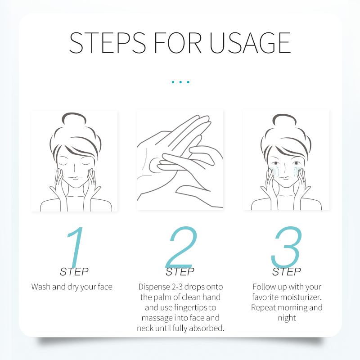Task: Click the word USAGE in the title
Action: click(x=250, y=43)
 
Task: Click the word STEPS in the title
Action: click(x=108, y=43)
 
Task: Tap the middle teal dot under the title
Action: click(x=180, y=82)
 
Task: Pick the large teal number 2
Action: click(x=181, y=247)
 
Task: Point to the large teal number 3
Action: click(x=286, y=247)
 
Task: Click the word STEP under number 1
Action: click(x=74, y=272)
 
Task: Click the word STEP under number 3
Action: click(x=287, y=272)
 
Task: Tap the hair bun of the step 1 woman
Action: click(x=74, y=118)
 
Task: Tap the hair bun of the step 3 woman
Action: click(x=284, y=119)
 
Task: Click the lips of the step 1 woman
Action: click(x=75, y=178)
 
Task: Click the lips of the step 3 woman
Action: click(x=285, y=178)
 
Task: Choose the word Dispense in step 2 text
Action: click(x=154, y=287)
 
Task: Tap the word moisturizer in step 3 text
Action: click(x=301, y=297)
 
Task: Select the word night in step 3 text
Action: click(x=287, y=318)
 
